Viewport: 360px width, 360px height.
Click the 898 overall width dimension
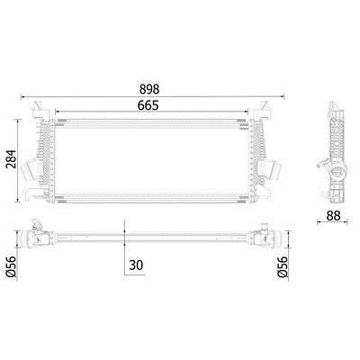tap(149, 89)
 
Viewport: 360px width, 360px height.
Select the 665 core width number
tap(148, 105)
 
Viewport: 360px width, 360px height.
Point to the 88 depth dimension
tap(333, 215)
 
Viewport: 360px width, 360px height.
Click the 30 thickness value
tap(136, 265)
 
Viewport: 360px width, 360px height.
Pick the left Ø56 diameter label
tap(11, 266)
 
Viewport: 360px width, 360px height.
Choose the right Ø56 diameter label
tap(283, 266)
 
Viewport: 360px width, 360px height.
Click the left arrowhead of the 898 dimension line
tap(22, 96)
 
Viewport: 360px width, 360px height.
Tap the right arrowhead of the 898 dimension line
tap(282, 96)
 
